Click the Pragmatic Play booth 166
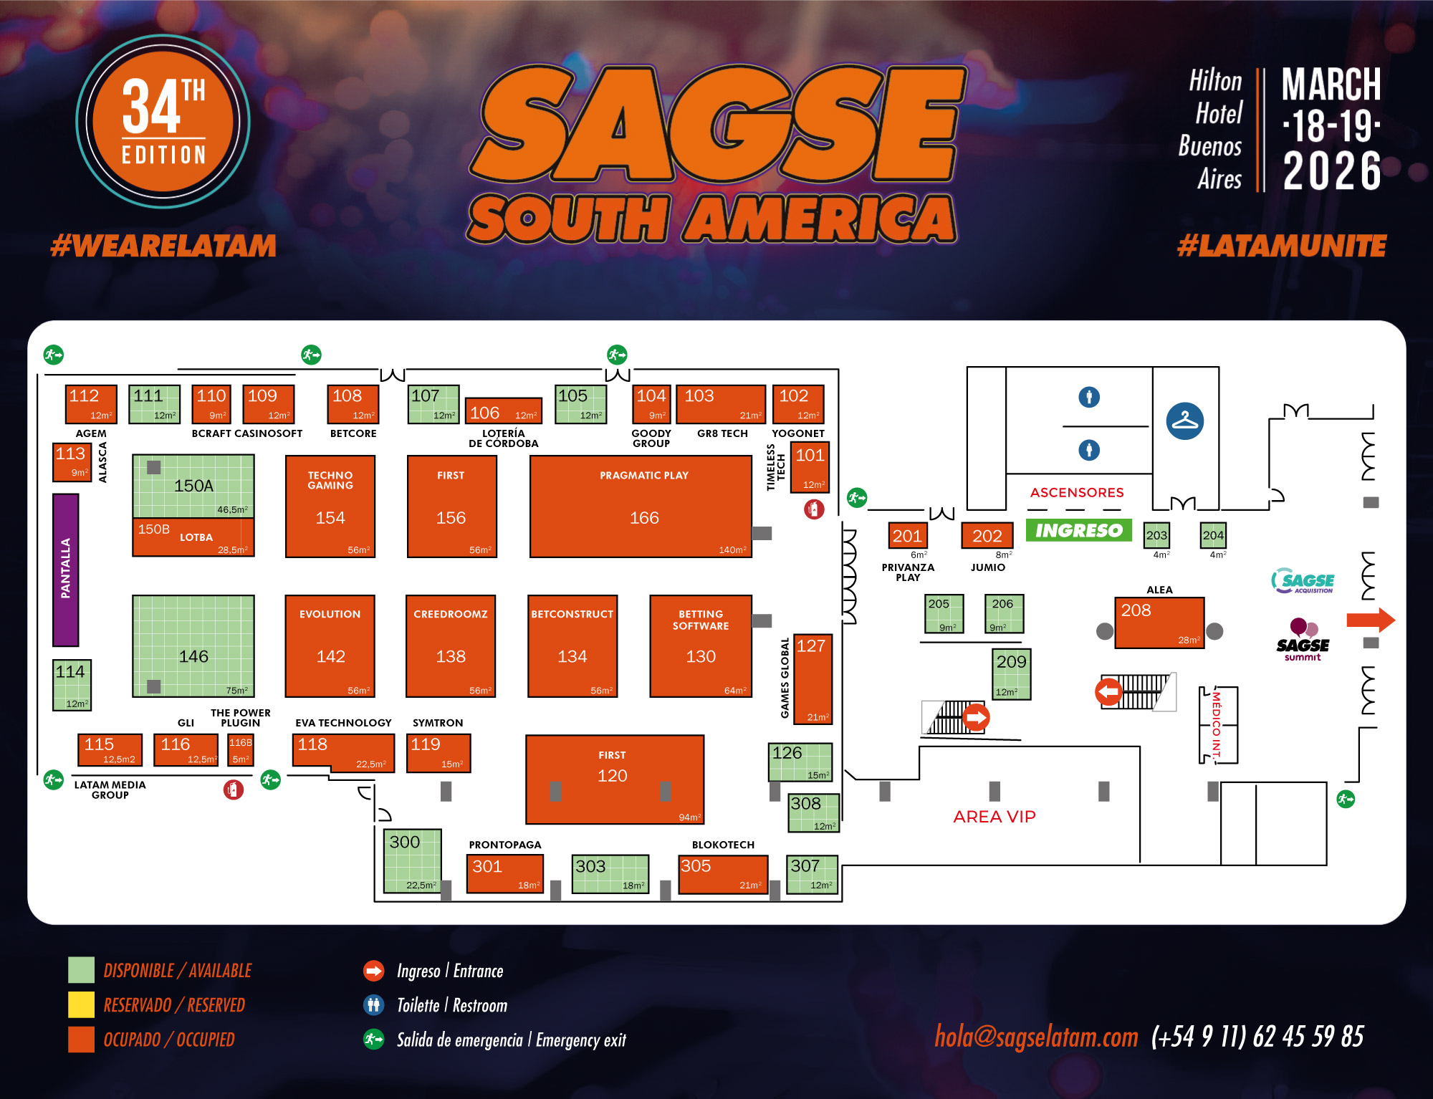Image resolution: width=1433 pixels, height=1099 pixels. click(641, 507)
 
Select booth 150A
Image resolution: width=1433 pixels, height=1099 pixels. click(193, 486)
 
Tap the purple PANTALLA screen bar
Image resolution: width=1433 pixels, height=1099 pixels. click(65, 570)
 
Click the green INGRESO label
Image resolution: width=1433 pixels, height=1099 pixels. click(1078, 530)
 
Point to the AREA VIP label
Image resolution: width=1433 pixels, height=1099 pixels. click(994, 817)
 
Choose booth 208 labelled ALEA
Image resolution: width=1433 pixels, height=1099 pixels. click(1159, 623)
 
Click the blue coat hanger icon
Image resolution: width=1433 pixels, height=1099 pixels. click(1184, 421)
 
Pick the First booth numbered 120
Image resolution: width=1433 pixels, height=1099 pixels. click(614, 779)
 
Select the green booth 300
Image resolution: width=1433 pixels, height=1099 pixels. click(413, 860)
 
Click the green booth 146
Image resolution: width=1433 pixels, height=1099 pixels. click(193, 646)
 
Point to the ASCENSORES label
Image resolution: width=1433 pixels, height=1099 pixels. click(1076, 492)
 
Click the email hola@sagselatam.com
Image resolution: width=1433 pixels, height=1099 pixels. click(1036, 1037)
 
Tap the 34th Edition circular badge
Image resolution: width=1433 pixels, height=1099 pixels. click(163, 121)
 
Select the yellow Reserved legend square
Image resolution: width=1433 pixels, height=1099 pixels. click(81, 1004)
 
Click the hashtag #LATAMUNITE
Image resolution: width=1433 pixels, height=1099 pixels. click(1281, 246)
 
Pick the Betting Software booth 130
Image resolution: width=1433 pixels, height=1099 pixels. click(700, 646)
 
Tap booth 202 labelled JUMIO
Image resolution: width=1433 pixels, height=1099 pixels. click(987, 536)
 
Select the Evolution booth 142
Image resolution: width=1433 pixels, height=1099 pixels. click(330, 646)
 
